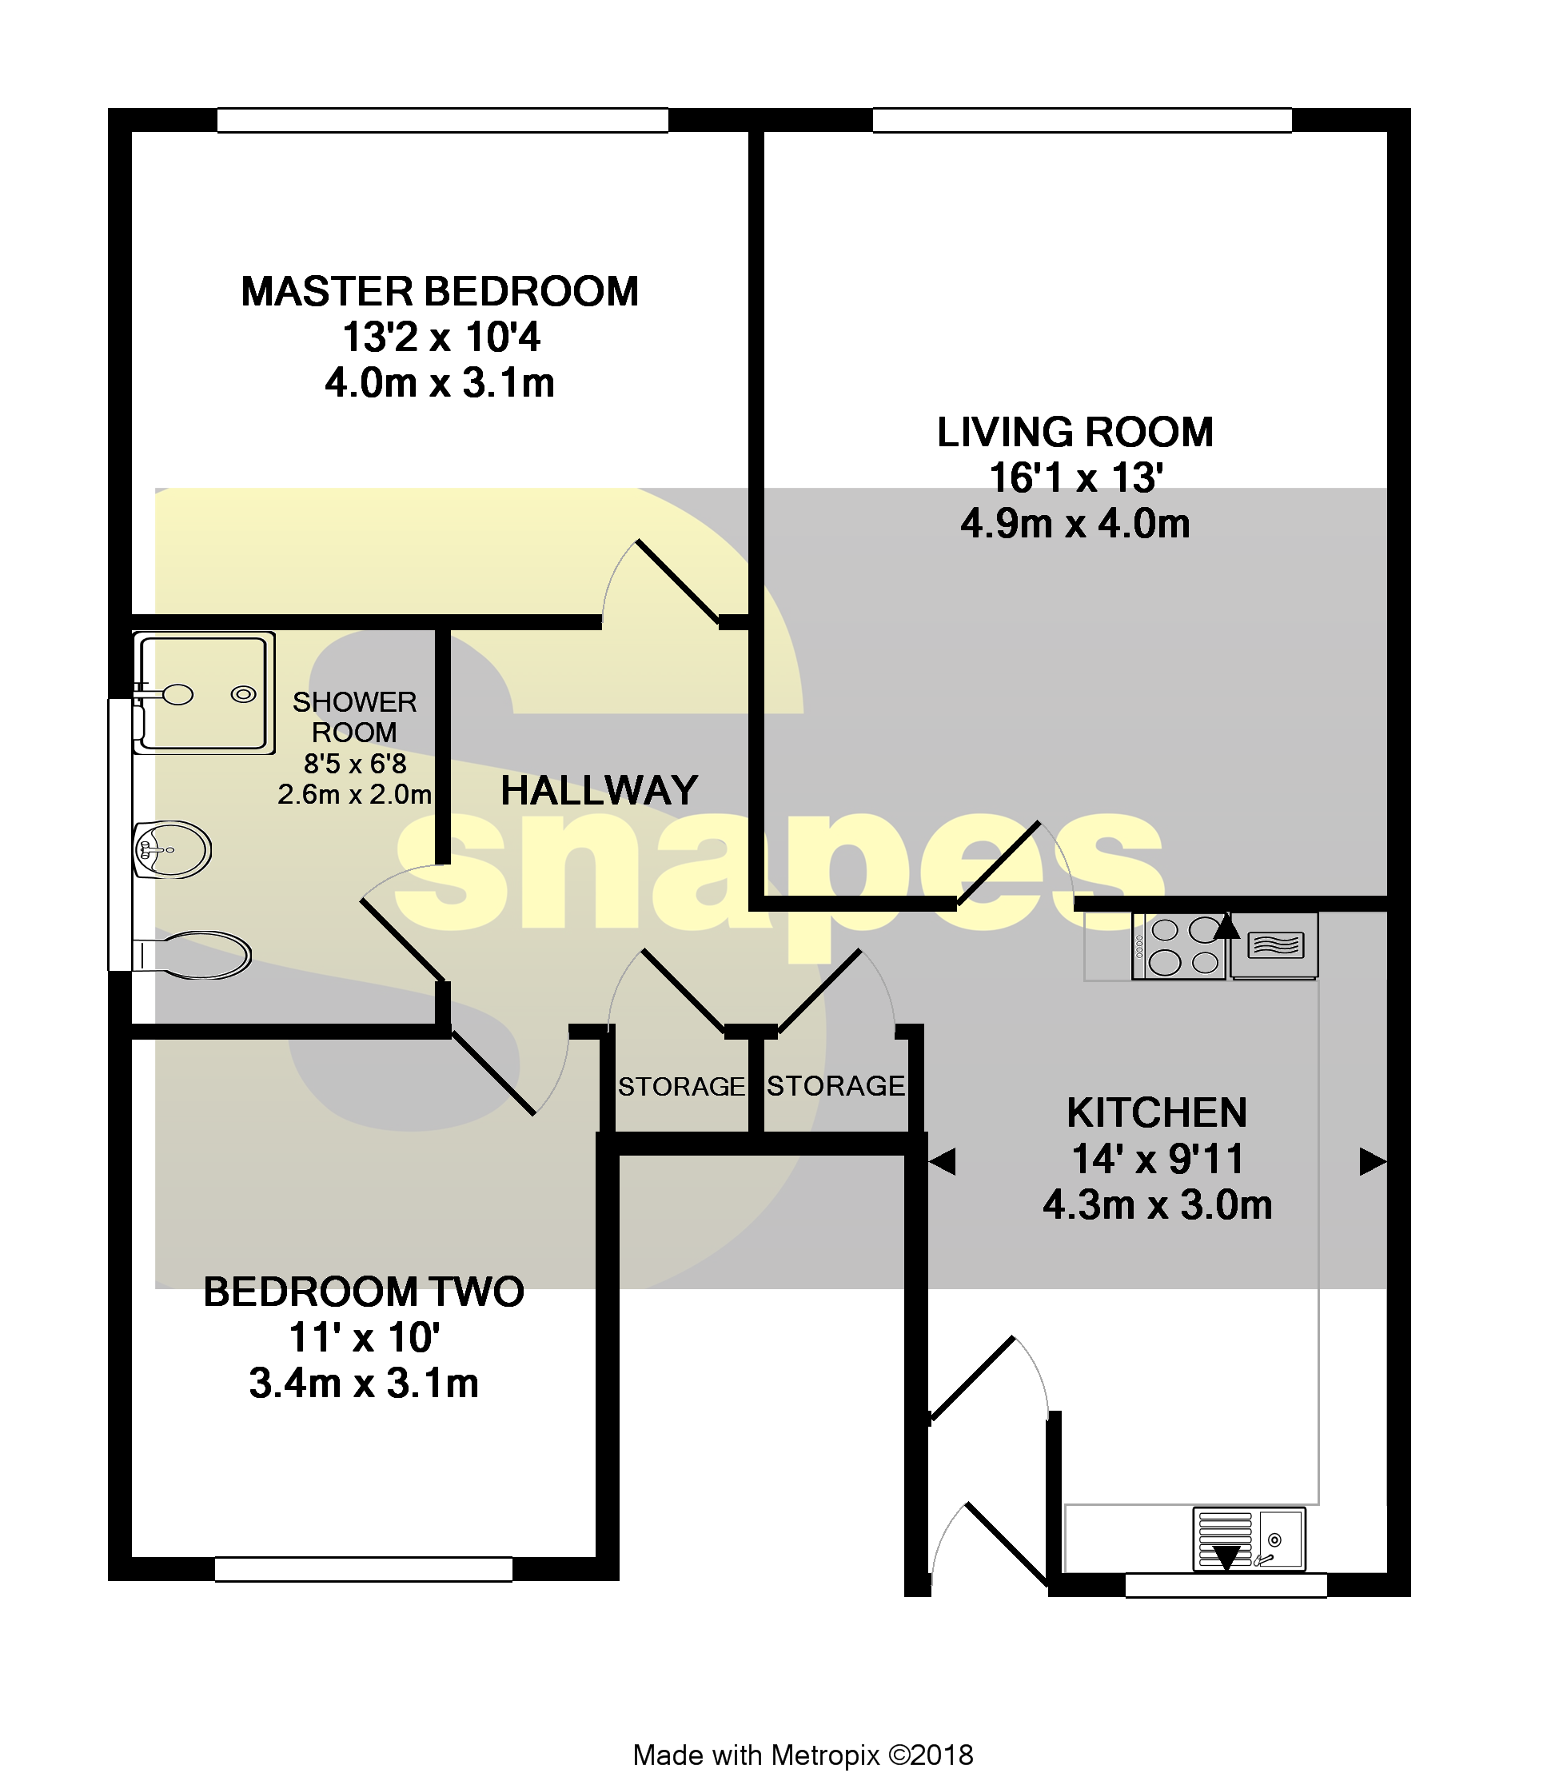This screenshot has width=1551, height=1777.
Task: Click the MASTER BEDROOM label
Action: coord(440,292)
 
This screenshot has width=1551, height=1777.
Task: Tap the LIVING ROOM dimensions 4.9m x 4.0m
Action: coord(1075,525)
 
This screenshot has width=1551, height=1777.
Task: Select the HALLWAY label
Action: coord(599,790)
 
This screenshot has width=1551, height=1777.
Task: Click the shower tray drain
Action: coord(244,694)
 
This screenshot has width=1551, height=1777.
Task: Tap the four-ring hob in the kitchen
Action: coord(1178,946)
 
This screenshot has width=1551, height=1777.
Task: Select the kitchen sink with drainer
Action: coord(1248,1539)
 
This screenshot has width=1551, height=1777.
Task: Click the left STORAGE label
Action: coord(681,1086)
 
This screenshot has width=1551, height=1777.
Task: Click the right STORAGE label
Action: coord(835,1085)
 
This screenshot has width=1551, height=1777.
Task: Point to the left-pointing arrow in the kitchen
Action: coord(943,1161)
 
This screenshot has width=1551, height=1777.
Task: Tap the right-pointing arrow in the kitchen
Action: coord(1372,1161)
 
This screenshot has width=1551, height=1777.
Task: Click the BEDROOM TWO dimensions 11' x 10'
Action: coord(365,1338)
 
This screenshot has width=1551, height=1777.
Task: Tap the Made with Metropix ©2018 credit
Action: coord(803,1755)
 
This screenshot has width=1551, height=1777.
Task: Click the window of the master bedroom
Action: coord(441,120)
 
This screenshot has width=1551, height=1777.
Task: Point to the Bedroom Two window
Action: coord(364,1569)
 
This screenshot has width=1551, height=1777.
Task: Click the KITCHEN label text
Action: coord(1156,1113)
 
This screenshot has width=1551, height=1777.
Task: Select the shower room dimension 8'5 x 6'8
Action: coord(355,764)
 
